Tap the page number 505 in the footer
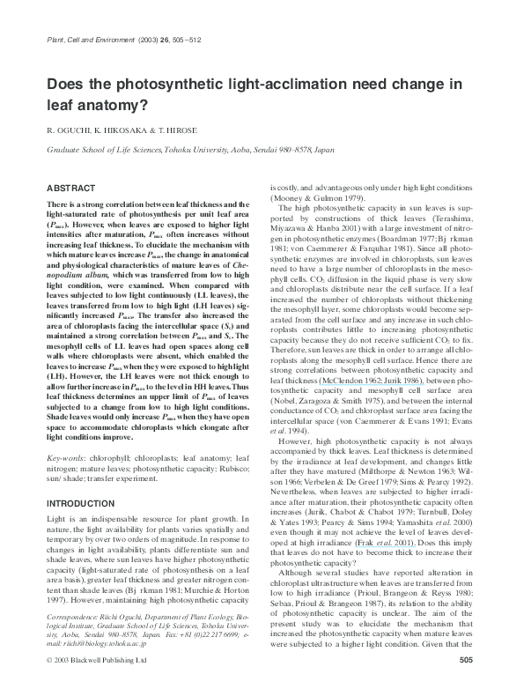point(467,659)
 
